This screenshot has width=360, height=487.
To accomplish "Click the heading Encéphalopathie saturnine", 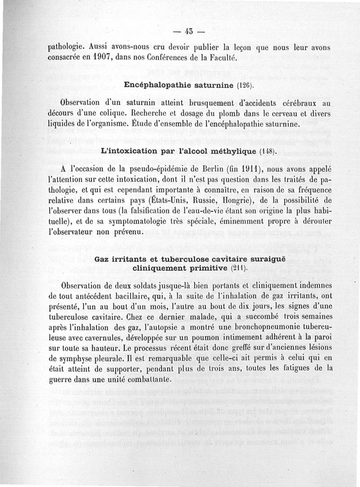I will point(178,85).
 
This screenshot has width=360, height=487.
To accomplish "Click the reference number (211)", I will point(240,268).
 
